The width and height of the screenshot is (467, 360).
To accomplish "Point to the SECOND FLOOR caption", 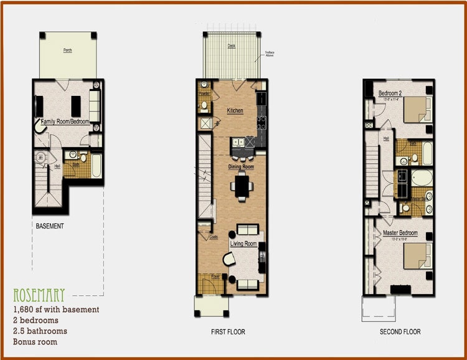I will [x=400, y=332].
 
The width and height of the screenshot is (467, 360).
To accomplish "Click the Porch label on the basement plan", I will [x=67, y=50].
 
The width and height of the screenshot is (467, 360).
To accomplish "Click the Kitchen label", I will [x=235, y=110].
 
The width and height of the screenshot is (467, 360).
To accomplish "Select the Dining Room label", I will [x=240, y=167].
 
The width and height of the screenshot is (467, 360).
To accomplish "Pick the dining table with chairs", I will [x=241, y=186].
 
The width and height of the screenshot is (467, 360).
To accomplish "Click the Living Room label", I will [x=243, y=244].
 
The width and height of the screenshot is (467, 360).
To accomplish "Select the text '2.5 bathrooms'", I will [x=40, y=331].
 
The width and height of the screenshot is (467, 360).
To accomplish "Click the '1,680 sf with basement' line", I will [x=56, y=309].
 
